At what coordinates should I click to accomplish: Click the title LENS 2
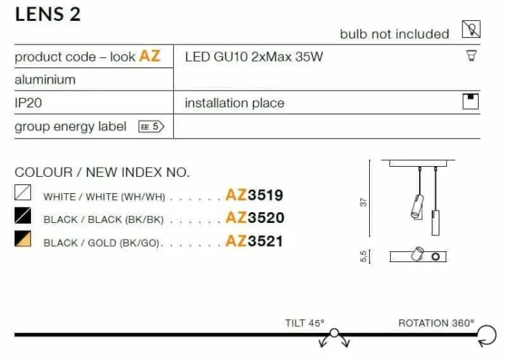47,15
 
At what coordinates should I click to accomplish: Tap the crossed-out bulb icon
470,29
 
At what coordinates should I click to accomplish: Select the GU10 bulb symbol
471,55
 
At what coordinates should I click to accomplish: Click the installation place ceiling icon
470,101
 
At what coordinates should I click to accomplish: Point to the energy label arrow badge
151,126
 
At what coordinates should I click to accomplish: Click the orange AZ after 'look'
149,56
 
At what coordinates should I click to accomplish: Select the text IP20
28,103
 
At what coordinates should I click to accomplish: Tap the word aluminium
45,80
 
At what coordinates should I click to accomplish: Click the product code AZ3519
254,195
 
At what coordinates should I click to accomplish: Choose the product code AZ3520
255,217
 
